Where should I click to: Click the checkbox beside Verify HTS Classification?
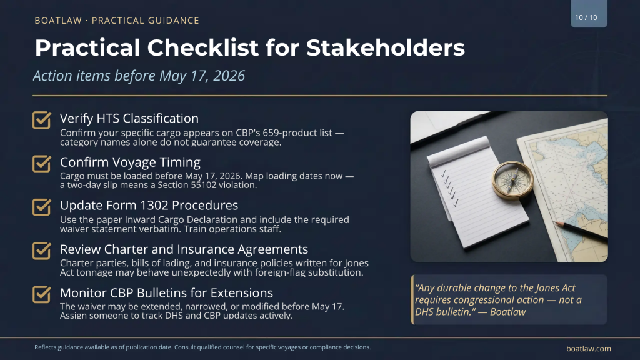(41, 120)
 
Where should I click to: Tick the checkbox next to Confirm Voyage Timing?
(41, 164)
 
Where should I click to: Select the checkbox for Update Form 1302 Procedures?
(41, 207)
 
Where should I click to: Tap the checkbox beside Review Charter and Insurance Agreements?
(41, 251)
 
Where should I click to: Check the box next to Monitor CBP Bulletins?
(41, 294)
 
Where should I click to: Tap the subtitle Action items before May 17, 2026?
(139, 76)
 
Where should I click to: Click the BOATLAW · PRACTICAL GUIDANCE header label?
(117, 21)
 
